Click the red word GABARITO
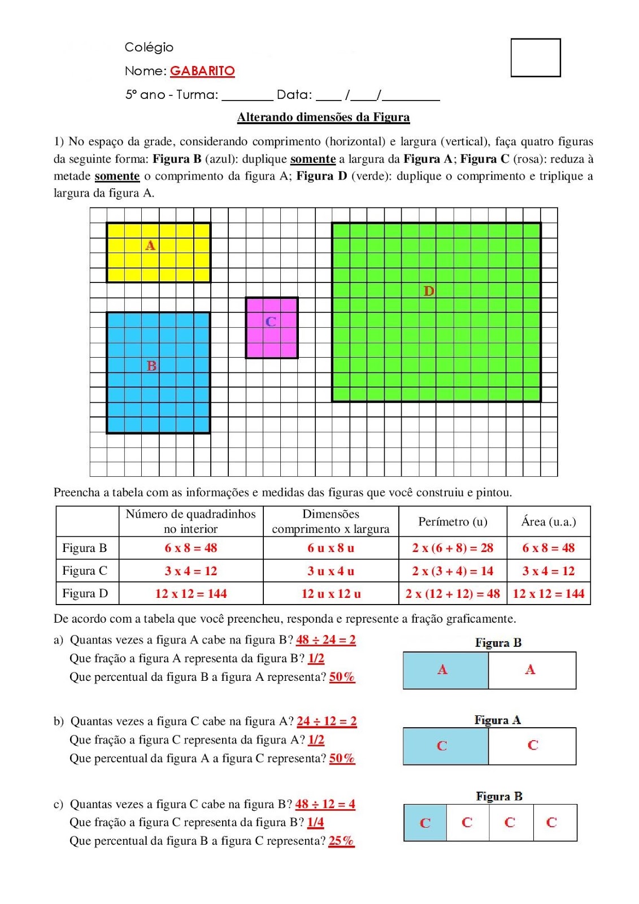click(202, 71)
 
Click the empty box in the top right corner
click(535, 58)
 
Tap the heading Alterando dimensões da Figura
click(323, 118)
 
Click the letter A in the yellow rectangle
click(150, 245)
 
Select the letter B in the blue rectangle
click(151, 366)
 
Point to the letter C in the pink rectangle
click(271, 321)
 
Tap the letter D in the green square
click(429, 291)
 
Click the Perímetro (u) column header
click(453, 521)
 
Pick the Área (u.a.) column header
click(548, 521)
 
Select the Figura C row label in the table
click(85, 571)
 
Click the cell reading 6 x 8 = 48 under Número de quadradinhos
click(191, 548)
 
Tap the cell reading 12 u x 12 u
click(331, 594)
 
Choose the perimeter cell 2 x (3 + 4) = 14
click(453, 571)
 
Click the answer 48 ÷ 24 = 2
click(326, 640)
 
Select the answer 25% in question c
click(341, 841)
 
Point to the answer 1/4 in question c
click(316, 822)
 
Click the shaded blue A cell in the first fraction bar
click(445, 670)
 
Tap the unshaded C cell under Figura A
click(532, 746)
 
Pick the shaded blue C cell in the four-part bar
click(425, 823)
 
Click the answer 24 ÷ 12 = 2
click(327, 721)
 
